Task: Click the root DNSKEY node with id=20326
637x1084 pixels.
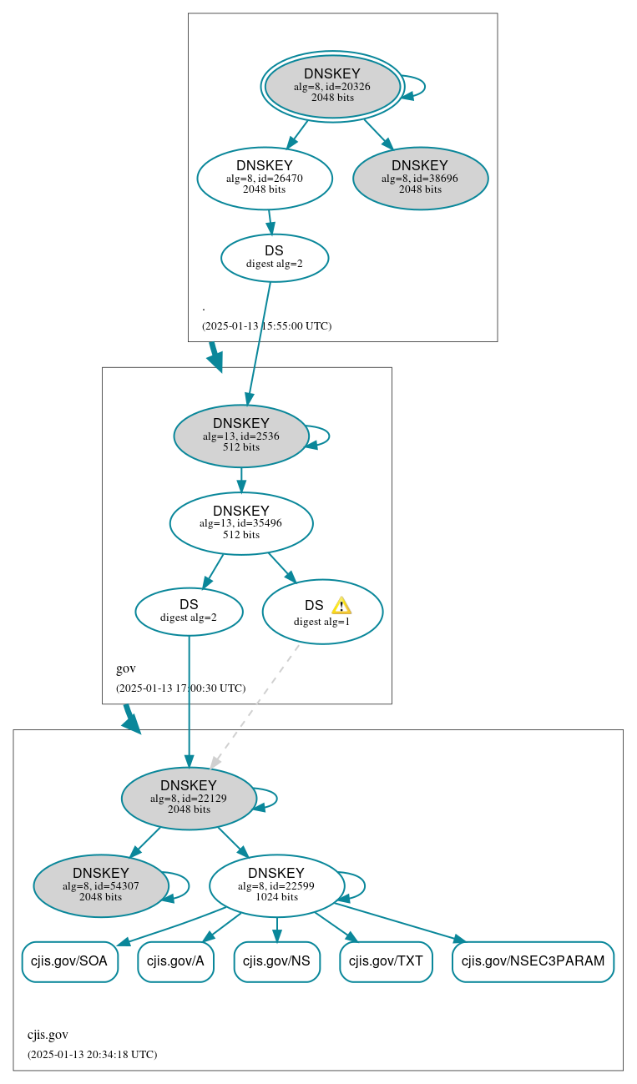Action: coord(332,86)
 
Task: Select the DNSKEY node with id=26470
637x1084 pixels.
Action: coord(265,178)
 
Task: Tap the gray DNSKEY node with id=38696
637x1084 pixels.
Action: coord(420,178)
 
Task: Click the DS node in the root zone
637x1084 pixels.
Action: coord(274,258)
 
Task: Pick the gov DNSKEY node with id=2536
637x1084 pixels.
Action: coord(241,436)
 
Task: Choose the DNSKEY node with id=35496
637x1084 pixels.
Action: coord(241,523)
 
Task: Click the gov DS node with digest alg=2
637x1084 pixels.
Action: coord(189,612)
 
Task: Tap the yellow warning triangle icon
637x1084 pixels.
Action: coord(341,606)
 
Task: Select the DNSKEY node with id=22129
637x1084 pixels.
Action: coord(189,799)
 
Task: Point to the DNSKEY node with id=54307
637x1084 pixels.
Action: coord(101,885)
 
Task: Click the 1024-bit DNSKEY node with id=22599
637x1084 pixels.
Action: coord(276,885)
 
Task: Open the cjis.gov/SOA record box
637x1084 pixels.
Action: coord(69,961)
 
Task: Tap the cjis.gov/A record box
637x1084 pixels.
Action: coord(175,961)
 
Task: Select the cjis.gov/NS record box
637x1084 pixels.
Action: coord(276,961)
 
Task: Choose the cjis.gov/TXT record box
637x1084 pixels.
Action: coord(386,961)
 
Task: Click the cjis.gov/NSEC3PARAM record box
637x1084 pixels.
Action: coord(533,961)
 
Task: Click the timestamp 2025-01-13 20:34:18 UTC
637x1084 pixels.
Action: coord(92,1055)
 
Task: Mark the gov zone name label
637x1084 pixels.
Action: coord(126,668)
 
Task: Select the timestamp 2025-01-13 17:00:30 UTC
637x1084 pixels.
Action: coord(180,688)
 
